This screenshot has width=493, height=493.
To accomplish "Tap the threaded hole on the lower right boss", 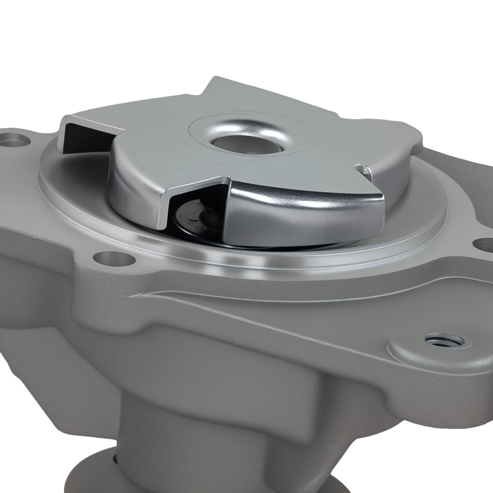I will pos(444,340).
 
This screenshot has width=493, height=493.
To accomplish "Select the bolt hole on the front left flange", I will pos(114,258).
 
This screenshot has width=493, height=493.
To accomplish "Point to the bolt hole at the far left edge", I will pos(15,141).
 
